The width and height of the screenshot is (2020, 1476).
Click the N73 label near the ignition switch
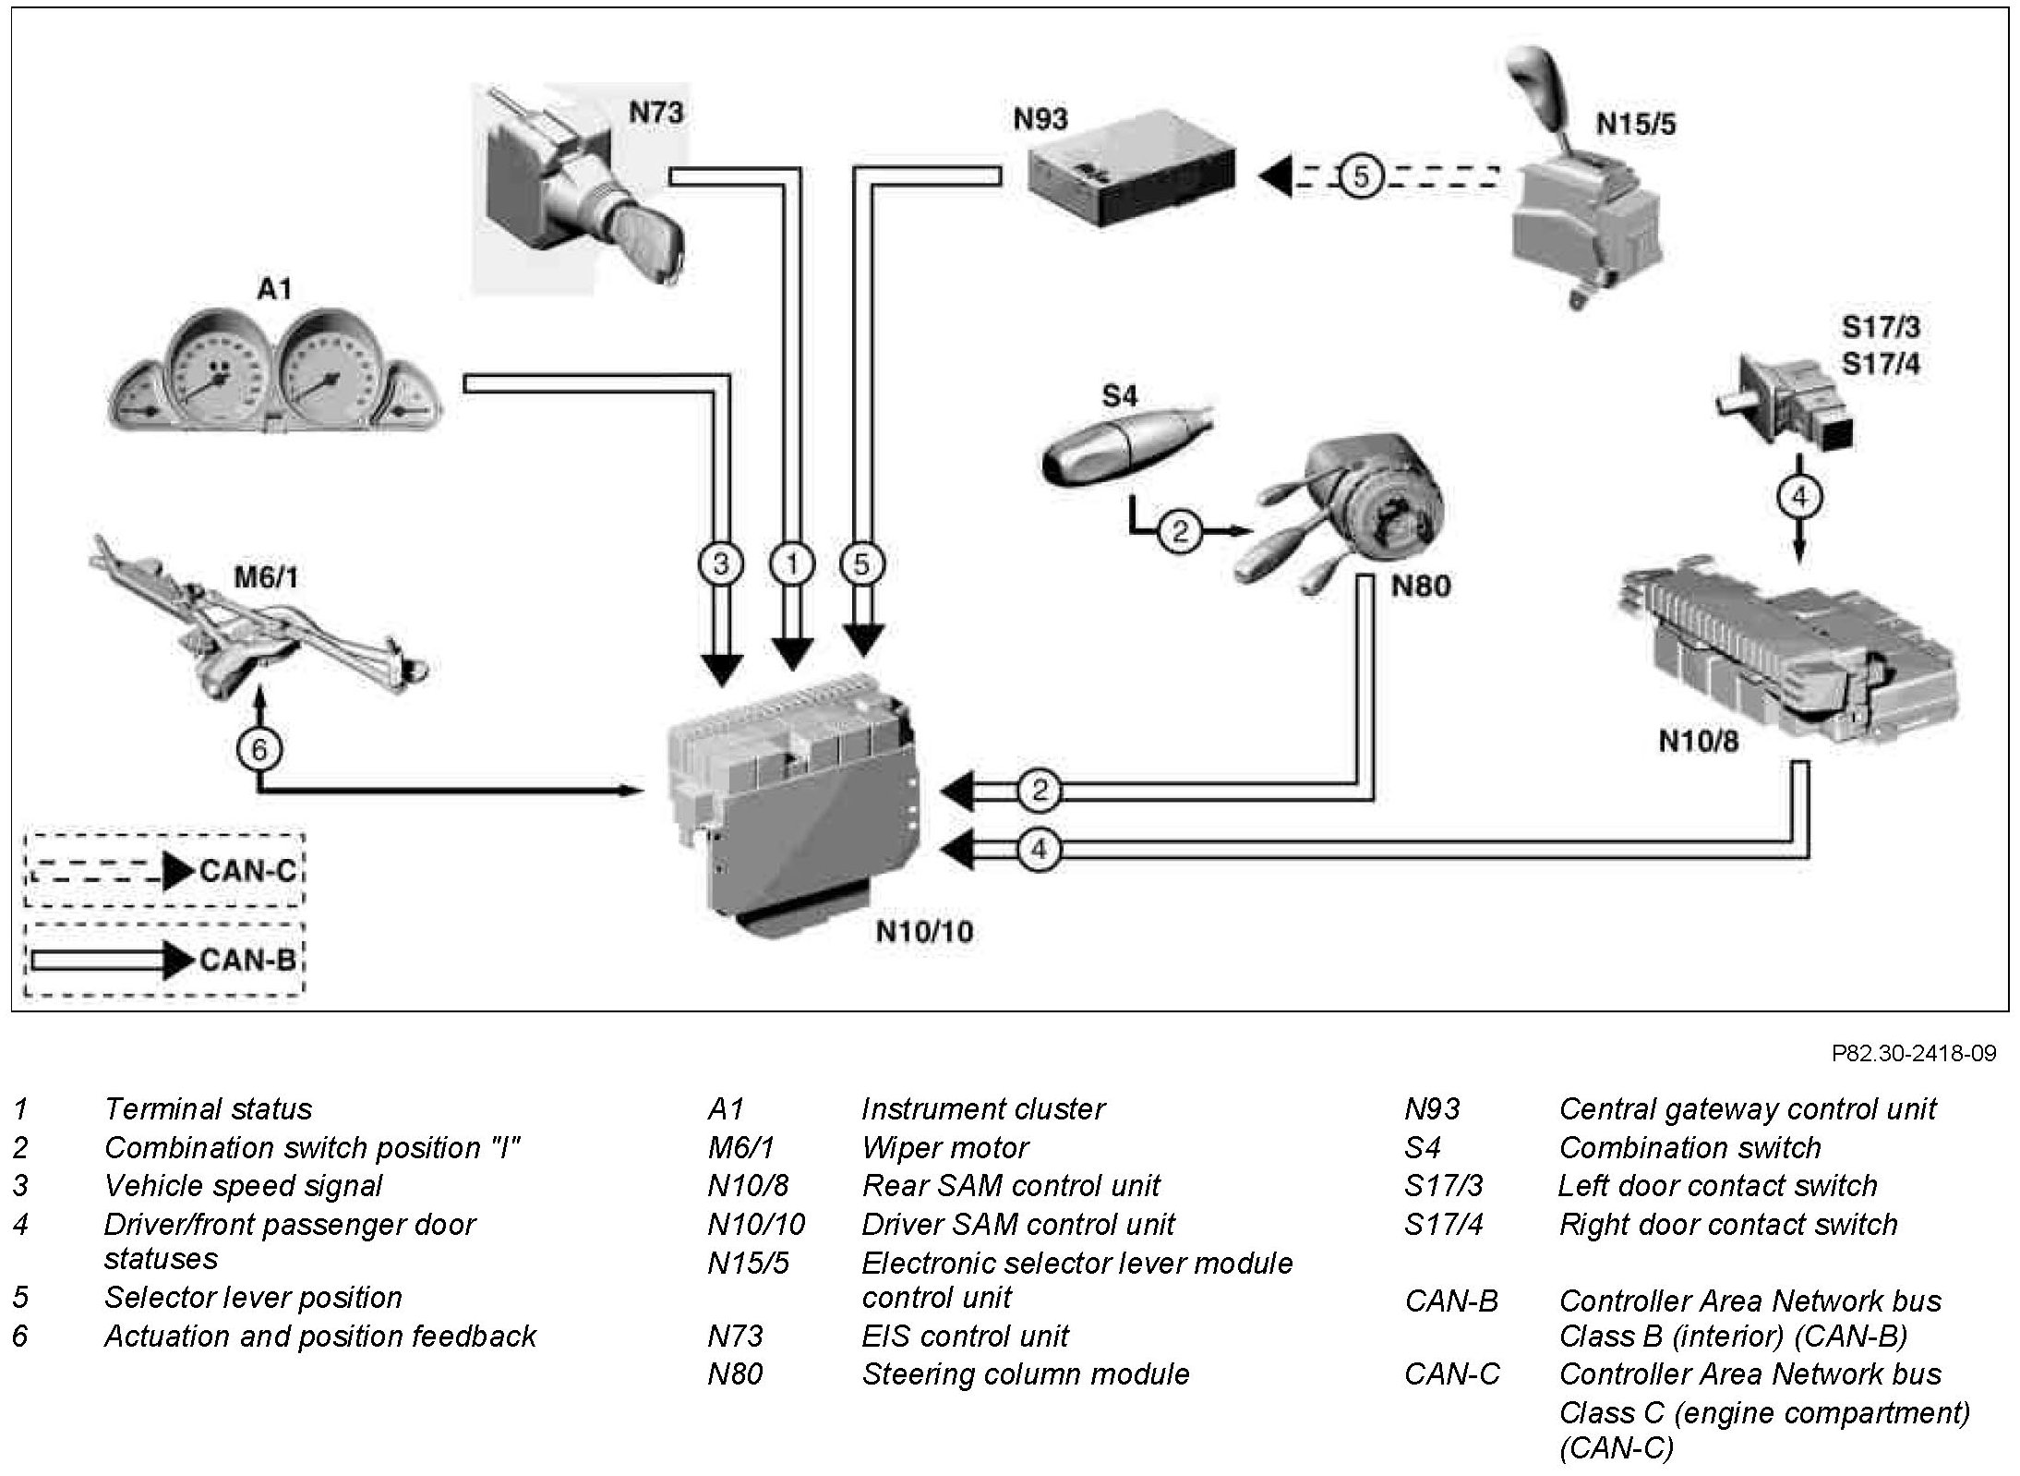pyautogui.click(x=656, y=113)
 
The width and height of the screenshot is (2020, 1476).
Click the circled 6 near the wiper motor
pyautogui.click(x=259, y=749)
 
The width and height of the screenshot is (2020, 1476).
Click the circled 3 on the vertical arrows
pyautogui.click(x=721, y=563)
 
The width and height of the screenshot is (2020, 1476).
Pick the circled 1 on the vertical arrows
pyautogui.click(x=791, y=563)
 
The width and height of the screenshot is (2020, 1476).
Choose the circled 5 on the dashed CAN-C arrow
pyautogui.click(x=1361, y=175)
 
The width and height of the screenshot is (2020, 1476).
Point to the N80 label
pyautogui.click(x=1421, y=586)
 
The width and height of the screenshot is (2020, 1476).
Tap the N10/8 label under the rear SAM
pyautogui.click(x=1698, y=741)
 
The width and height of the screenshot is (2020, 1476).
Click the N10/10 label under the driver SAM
pyautogui.click(x=923, y=931)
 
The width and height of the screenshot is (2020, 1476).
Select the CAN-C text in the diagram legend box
pyautogui.click(x=246, y=871)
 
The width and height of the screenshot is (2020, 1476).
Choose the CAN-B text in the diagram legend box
pyautogui.click(x=246, y=960)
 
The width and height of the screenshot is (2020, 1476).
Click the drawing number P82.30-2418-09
pyautogui.click(x=1914, y=1053)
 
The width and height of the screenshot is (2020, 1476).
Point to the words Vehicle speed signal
pyautogui.click(x=243, y=1185)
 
